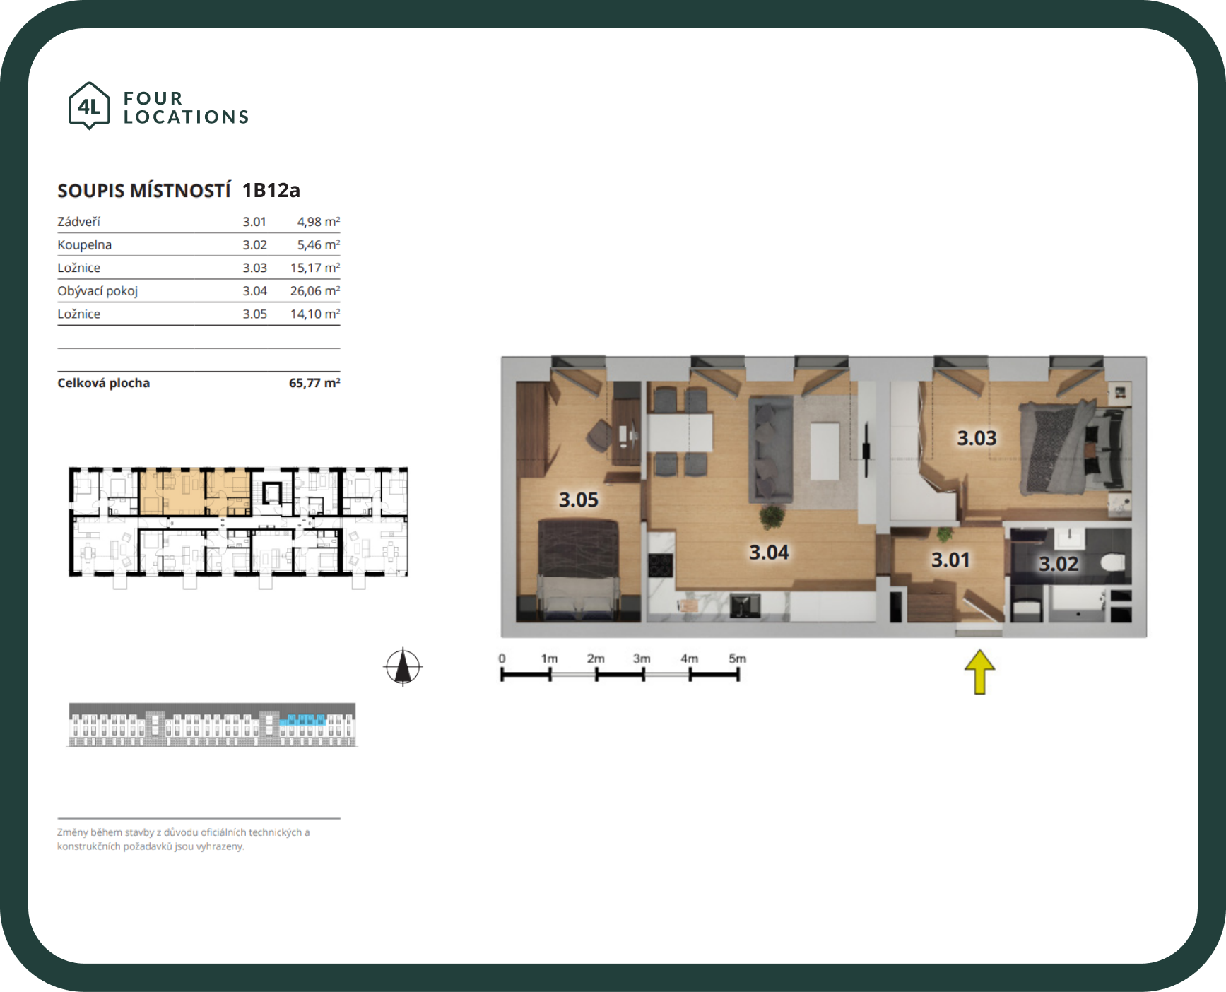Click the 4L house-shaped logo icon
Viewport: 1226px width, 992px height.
pos(89,105)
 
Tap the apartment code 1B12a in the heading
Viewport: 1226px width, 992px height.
pos(271,190)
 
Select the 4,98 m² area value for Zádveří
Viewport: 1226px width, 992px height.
pos(318,222)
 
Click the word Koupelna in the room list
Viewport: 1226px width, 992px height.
pos(85,245)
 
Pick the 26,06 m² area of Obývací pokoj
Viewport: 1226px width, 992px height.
pos(315,291)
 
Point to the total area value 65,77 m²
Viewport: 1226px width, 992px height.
pos(314,383)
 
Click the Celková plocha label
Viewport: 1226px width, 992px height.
pos(104,383)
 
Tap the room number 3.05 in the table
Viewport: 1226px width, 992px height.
pos(255,314)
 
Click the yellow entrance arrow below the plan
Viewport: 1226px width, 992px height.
pos(979,672)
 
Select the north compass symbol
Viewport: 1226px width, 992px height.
pos(403,667)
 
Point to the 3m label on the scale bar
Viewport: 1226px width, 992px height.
pos(642,659)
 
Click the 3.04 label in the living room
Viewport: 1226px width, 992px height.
pos(769,553)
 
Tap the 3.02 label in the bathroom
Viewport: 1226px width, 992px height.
pos(1059,564)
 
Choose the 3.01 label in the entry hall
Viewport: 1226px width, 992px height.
pos(950,560)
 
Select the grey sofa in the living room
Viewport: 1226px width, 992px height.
pos(770,449)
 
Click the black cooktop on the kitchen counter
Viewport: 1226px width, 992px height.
pos(661,566)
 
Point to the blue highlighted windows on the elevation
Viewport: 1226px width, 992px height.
pos(302,721)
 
